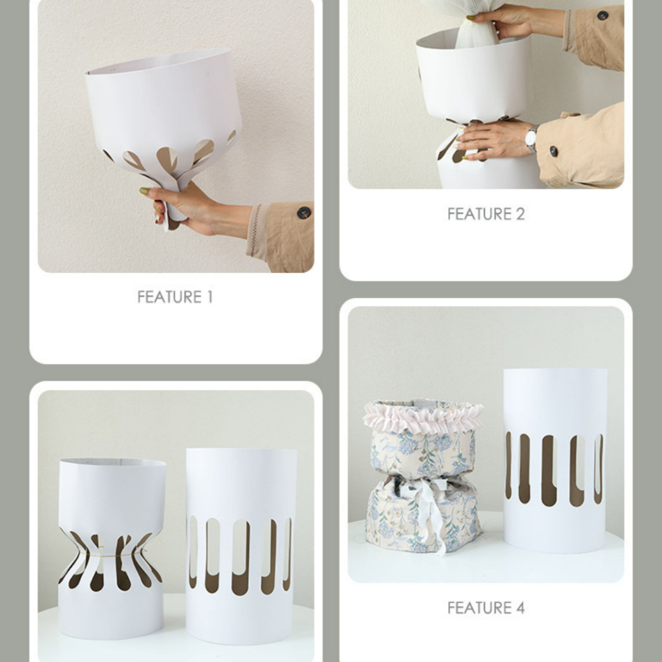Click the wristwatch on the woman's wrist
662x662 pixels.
531,138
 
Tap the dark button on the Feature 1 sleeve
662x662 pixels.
304,213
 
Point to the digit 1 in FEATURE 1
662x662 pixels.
209,297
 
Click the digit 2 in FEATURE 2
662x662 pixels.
520,214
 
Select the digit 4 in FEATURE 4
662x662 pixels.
520,608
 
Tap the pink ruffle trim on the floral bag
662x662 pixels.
423,416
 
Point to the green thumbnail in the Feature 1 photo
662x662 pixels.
144,191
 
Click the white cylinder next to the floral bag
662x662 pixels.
555,460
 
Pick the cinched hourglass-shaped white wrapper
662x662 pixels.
111,549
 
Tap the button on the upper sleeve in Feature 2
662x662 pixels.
603,16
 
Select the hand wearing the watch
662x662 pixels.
494,140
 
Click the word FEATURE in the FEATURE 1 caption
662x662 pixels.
170,297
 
